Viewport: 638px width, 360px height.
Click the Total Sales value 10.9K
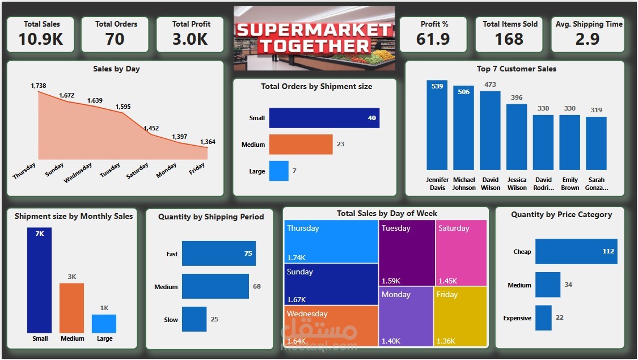[41, 39]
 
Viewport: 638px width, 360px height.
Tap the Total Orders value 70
[115, 39]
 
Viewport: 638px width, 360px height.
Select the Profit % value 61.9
[433, 39]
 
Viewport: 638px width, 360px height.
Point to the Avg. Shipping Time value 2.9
[588, 39]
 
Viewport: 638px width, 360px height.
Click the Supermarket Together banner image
[314, 38]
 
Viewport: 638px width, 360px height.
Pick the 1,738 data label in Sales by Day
[39, 86]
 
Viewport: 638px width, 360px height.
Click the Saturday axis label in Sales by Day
[138, 170]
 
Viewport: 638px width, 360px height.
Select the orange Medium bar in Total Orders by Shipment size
[301, 144]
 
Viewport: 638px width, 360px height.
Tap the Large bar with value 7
[278, 171]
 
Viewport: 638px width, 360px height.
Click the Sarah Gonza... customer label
[596, 184]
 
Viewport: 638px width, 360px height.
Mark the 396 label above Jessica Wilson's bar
[517, 98]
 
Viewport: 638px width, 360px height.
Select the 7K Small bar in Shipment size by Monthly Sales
[39, 280]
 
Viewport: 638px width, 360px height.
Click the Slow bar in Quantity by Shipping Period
[194, 319]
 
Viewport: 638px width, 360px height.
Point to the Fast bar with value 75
[218, 253]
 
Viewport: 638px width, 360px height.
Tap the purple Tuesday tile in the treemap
[407, 252]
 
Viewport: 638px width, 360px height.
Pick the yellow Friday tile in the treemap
[460, 316]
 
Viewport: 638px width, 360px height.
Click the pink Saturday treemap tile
[461, 252]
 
